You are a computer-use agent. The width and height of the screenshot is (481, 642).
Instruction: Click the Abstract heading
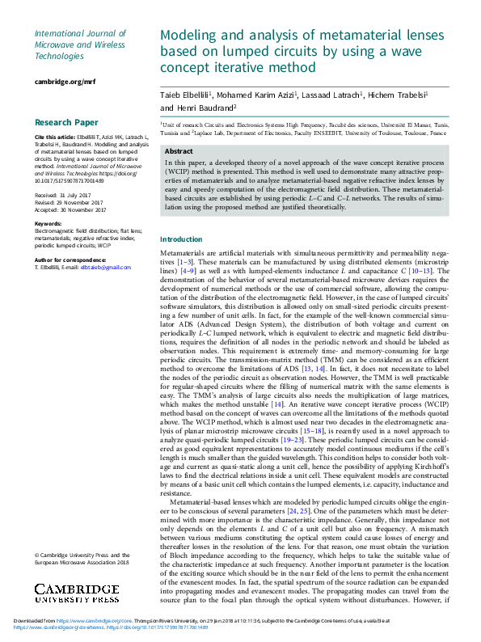pyautogui.click(x=179, y=152)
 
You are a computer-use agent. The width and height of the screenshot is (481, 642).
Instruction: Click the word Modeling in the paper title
pyautogui.click(x=189, y=36)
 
